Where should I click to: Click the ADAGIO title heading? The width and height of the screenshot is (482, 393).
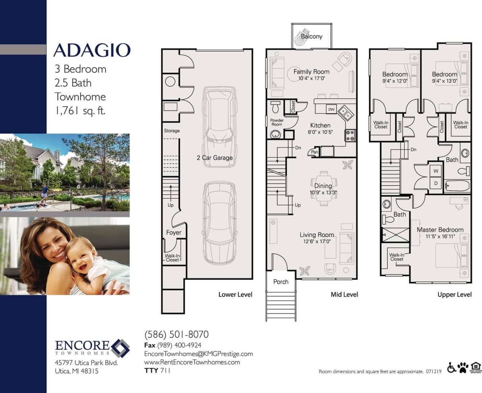pos(92,50)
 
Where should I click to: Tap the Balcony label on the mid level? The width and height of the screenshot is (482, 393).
pos(312,36)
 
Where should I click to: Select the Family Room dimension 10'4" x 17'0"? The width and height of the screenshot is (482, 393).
pos(312,79)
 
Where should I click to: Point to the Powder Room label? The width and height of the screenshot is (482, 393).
pos(277,122)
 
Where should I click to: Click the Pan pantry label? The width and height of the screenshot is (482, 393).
pos(314,152)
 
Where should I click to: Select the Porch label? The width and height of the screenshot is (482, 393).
pos(281,282)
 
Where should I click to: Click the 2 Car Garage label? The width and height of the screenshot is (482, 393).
pos(215,158)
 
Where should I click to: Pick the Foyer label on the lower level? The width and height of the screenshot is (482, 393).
pos(174,232)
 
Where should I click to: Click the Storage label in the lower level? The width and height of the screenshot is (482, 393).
pos(172,131)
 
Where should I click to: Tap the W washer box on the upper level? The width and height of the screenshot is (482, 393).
pos(436,171)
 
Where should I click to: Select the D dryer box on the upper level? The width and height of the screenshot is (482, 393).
pos(436,183)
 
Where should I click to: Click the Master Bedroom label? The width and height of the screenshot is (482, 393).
pos(440,230)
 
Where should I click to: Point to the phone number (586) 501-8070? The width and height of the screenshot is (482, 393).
pos(176,334)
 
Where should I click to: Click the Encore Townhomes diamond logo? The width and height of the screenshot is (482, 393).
pos(120,348)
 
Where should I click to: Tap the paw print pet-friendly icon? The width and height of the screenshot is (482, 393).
pos(463,368)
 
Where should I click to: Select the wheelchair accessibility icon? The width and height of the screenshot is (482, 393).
pos(451,368)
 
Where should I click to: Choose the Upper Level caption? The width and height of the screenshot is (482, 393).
pos(455,294)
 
